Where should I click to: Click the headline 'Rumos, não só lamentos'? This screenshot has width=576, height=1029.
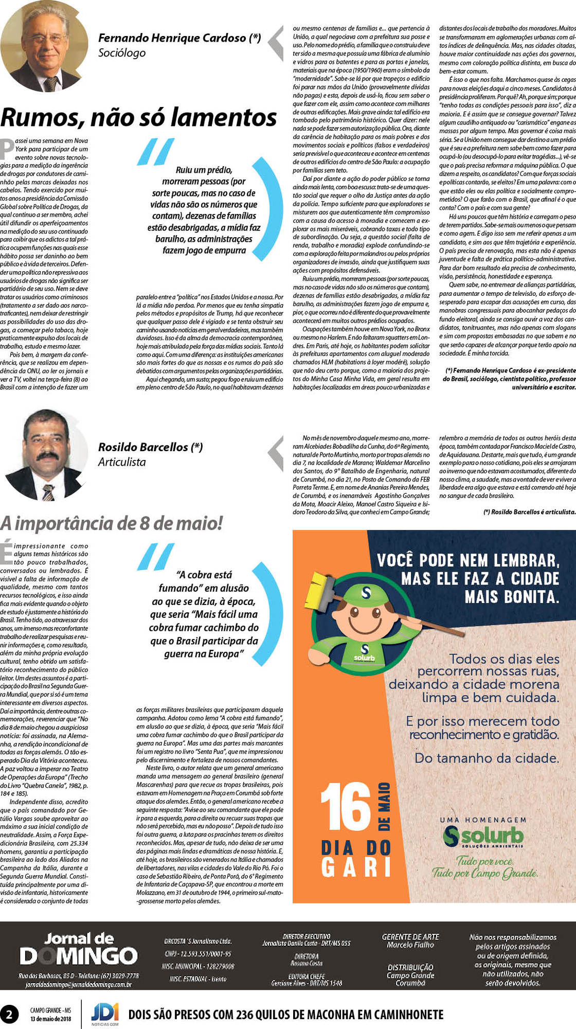click(139, 118)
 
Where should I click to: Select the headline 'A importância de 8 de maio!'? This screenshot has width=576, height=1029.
click(112, 523)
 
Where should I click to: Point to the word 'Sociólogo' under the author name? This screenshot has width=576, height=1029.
click(122, 53)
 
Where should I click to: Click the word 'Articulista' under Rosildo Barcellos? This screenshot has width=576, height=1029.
click(122, 462)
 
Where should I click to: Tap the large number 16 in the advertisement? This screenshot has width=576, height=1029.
click(346, 807)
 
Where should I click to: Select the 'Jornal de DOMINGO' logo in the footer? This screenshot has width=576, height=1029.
click(79, 949)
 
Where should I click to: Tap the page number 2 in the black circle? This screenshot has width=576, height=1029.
click(9, 1014)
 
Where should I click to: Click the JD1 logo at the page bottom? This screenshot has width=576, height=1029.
click(105, 1013)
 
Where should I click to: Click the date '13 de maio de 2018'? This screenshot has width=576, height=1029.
click(50, 1019)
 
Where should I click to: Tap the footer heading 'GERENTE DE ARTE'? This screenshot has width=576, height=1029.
click(410, 937)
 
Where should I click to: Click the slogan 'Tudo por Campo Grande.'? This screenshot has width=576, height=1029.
click(485, 873)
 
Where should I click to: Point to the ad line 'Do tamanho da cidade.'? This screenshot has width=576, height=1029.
click(487, 758)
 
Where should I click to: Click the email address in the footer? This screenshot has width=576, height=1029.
click(79, 984)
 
